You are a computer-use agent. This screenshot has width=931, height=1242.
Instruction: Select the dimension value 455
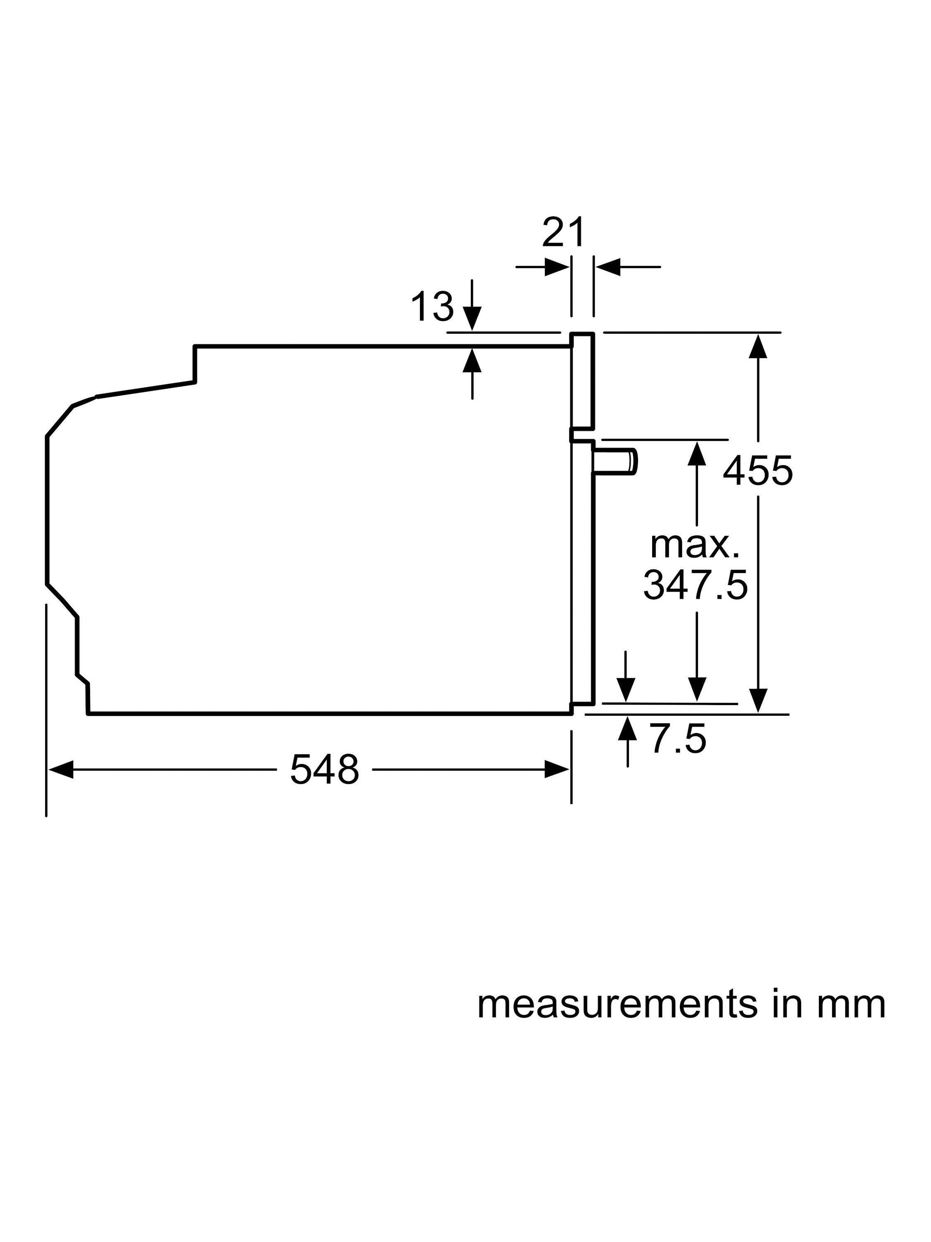pyautogui.click(x=757, y=471)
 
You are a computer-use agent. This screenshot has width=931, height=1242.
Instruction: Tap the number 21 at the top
pyautogui.click(x=563, y=232)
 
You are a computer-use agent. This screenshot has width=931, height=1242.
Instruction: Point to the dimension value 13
pyautogui.click(x=432, y=307)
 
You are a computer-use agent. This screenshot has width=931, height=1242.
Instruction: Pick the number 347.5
pyautogui.click(x=695, y=585)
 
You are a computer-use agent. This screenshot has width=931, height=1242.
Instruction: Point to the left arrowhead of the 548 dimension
pyautogui.click(x=60, y=769)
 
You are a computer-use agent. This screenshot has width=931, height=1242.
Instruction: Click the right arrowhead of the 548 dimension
pyautogui.click(x=557, y=769)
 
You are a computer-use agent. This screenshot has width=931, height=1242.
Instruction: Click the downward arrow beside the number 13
pyautogui.click(x=473, y=320)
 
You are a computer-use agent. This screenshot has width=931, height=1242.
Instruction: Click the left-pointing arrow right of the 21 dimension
pyautogui.click(x=608, y=267)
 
